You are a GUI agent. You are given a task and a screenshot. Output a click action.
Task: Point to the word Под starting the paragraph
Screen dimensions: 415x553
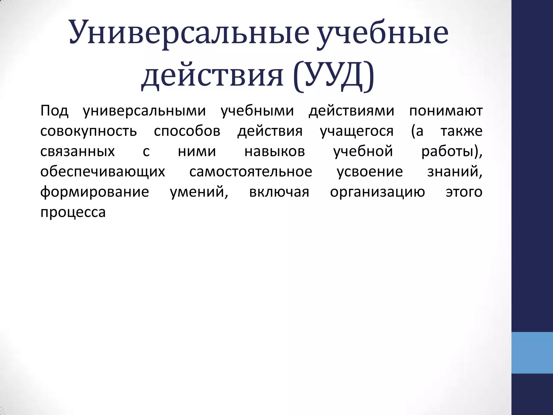click(54, 111)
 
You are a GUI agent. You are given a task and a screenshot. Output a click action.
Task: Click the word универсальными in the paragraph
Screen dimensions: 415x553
click(144, 111)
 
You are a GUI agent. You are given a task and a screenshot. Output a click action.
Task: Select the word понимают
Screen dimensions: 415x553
click(446, 111)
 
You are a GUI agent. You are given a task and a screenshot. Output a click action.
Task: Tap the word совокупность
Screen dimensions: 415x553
click(89, 131)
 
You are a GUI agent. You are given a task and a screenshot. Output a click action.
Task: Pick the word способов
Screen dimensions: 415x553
click(187, 131)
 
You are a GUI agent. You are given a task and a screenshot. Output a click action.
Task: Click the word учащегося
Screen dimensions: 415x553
click(357, 131)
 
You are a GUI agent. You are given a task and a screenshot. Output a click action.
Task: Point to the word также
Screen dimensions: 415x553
click(461, 131)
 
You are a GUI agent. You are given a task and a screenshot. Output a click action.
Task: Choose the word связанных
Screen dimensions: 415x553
click(77, 152)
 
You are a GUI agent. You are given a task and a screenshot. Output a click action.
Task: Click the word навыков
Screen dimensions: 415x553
click(275, 152)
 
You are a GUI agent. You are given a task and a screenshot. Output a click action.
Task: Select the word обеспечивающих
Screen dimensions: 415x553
click(103, 172)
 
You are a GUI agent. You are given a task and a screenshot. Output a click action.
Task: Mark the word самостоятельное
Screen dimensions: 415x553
click(251, 172)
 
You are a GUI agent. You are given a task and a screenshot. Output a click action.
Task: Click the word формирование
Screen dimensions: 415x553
click(95, 192)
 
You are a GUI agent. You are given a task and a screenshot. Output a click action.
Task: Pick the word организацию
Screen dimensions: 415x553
click(377, 192)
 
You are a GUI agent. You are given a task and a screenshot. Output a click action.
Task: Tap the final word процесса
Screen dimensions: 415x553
click(73, 212)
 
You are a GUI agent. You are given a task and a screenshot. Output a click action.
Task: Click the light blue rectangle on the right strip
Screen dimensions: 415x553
click(532, 353)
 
